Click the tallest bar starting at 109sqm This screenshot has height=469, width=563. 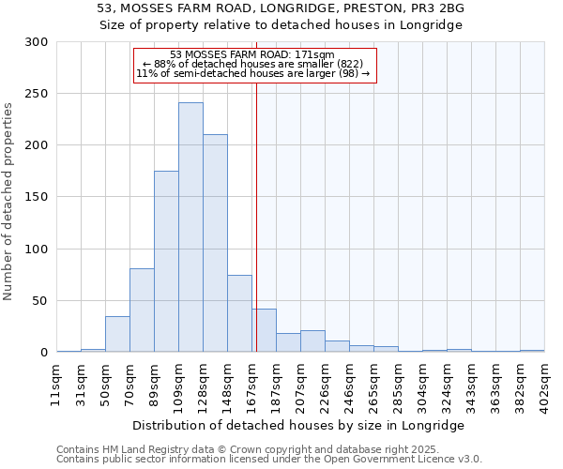tap(190, 228)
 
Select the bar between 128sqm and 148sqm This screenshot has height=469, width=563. tap(215, 244)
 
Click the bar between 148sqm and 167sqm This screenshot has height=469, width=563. tap(239, 314)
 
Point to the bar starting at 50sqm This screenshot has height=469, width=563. tap(117, 335)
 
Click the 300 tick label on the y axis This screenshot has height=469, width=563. tap(37, 42)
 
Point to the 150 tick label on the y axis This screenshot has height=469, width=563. tap(37, 198)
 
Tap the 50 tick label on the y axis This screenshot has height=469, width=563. tap(40, 301)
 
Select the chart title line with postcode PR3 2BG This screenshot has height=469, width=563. tap(281, 8)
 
